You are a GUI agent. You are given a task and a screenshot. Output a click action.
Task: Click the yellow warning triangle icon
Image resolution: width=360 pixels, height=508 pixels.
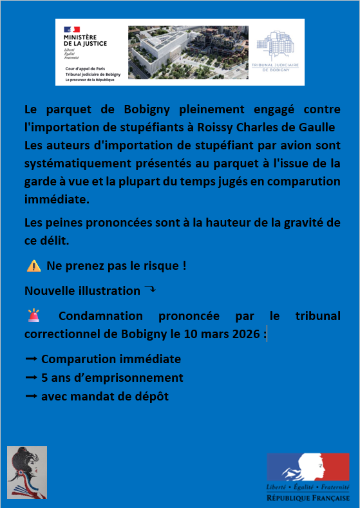(x=34, y=266)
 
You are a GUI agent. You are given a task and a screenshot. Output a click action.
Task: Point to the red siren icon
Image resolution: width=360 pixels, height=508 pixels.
(x=33, y=316)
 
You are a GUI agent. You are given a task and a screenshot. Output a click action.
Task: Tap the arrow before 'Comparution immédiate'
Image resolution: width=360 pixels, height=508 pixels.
(x=31, y=359)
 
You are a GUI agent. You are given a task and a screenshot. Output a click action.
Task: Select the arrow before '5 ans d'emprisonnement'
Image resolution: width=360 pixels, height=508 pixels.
(x=31, y=378)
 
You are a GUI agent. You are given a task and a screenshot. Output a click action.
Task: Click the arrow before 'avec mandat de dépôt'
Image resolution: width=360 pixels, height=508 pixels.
(x=31, y=397)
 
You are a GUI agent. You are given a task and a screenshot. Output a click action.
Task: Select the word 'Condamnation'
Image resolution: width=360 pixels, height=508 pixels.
(x=97, y=316)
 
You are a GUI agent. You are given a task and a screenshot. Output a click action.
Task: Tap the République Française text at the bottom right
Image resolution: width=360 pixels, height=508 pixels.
(x=308, y=498)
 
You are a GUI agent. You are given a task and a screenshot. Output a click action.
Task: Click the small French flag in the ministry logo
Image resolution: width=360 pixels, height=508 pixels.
(x=71, y=30)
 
